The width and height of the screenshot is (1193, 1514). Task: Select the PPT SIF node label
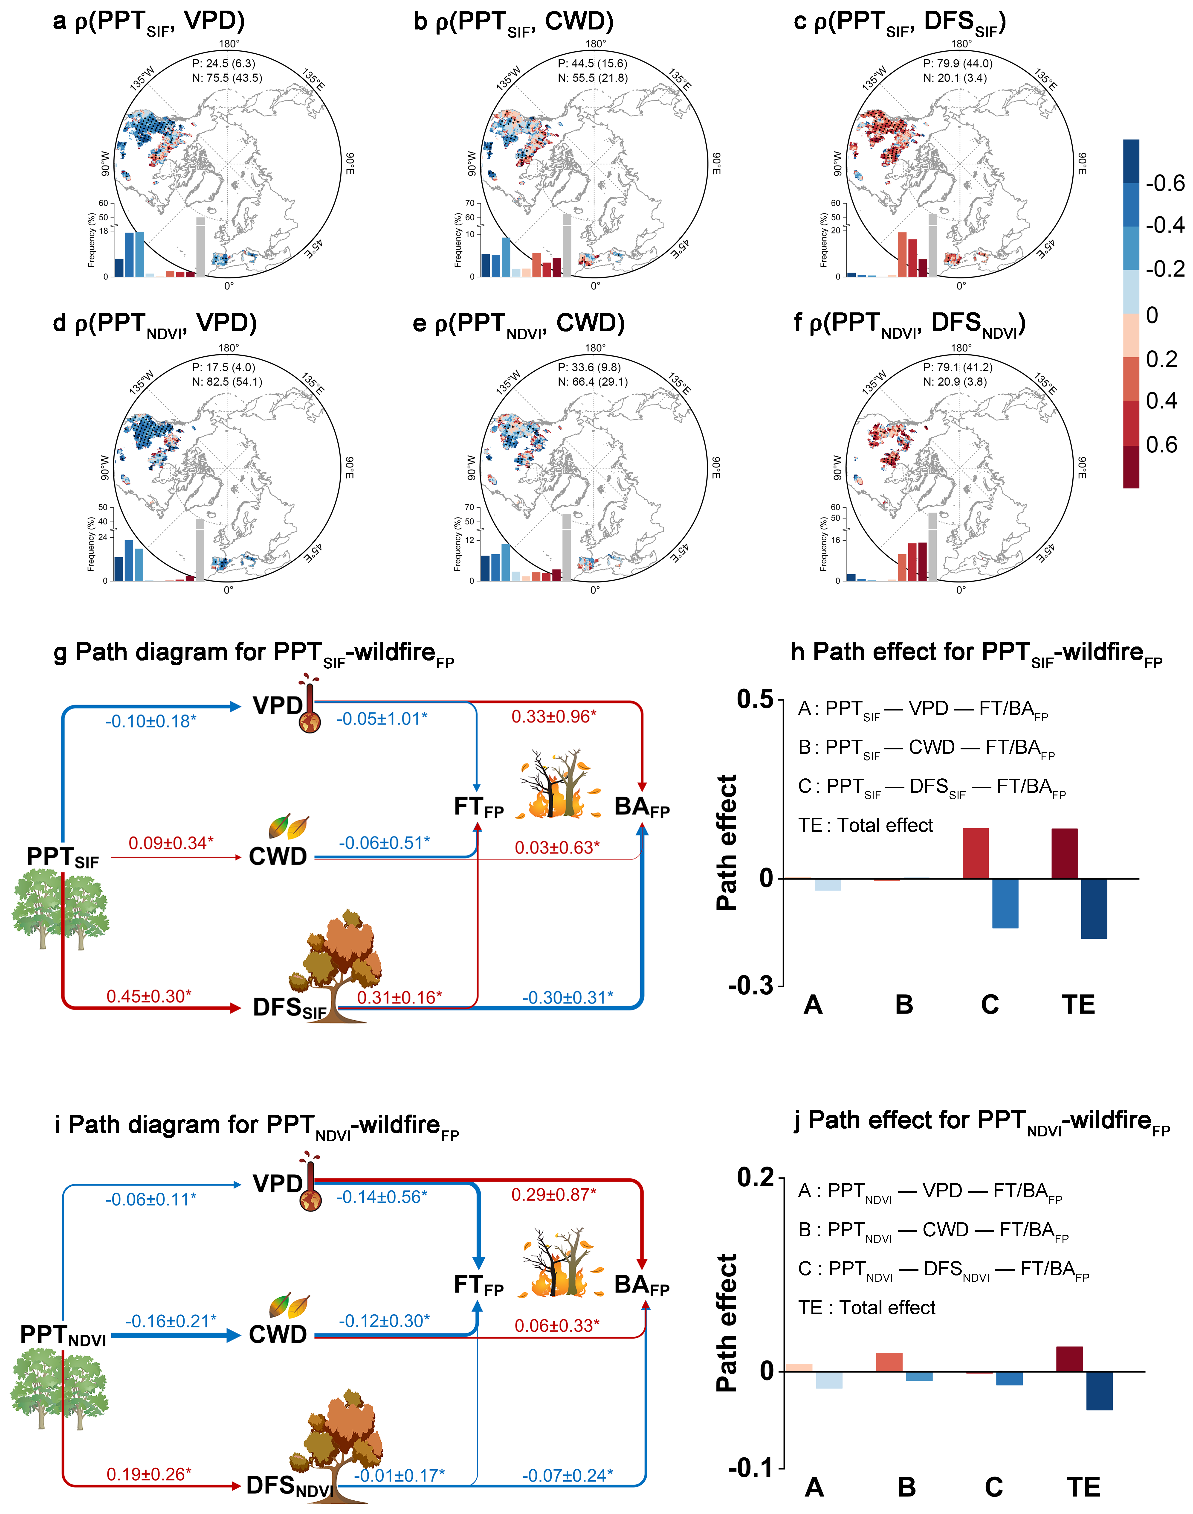(63, 857)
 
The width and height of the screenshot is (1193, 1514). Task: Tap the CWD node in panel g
(278, 856)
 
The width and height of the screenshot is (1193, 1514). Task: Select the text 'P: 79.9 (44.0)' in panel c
(958, 64)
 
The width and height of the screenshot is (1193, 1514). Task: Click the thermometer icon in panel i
(310, 1184)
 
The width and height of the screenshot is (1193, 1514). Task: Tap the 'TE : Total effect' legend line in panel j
(866, 1308)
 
